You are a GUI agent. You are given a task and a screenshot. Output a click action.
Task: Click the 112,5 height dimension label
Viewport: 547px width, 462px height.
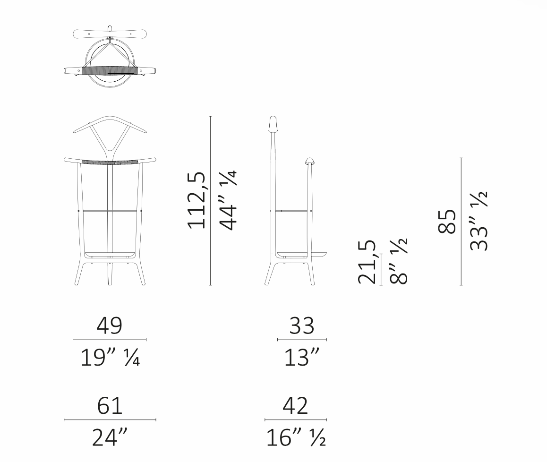click(197, 201)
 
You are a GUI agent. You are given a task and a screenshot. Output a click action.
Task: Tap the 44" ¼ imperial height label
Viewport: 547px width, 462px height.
click(229, 200)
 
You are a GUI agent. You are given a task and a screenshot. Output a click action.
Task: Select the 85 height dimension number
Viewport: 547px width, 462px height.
click(447, 222)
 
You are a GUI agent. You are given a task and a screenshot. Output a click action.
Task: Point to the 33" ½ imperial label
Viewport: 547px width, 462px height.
click(479, 221)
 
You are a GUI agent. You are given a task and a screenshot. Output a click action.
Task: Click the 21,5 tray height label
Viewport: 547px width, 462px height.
click(367, 262)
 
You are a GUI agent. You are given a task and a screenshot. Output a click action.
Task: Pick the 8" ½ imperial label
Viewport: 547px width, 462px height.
click(398, 261)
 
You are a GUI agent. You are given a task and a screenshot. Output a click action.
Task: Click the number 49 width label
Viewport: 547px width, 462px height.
click(109, 326)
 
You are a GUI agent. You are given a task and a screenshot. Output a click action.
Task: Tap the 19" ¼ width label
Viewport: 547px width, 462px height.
click(110, 357)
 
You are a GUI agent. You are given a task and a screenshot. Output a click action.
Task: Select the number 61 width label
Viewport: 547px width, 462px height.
click(110, 406)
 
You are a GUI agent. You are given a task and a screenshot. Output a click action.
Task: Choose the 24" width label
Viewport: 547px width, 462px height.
click(110, 437)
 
